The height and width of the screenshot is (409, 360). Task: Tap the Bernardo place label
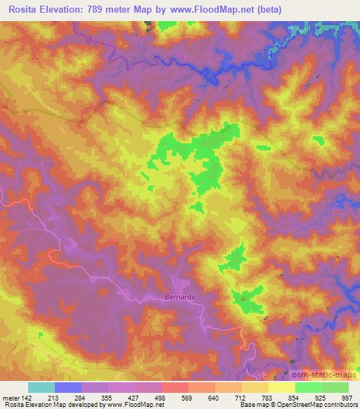click(x=179, y=297)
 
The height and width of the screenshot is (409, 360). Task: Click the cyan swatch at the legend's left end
click(x=41, y=387)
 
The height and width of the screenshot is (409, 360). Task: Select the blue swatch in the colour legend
click(x=68, y=387)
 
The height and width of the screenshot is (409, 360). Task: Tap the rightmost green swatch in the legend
click(x=335, y=387)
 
